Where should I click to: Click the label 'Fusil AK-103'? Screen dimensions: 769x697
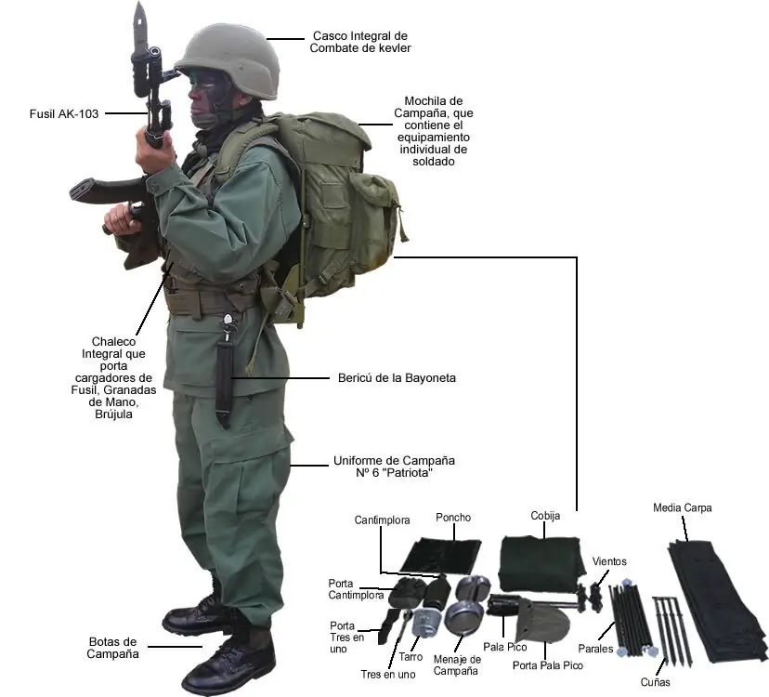64,114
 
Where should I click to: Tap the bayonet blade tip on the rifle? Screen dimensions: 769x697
139,3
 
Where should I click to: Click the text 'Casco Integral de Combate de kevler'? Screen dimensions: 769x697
360,42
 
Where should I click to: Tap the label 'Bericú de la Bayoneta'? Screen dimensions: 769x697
397,378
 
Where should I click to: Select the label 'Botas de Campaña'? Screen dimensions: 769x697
112,648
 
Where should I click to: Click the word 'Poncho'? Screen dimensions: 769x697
453,518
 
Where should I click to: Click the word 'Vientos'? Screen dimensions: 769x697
609,561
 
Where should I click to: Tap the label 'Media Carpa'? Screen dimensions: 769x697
683,507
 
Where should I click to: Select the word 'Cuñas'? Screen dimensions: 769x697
655,682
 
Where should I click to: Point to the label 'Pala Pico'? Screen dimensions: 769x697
505,647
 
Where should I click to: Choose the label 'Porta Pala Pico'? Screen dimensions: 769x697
548,665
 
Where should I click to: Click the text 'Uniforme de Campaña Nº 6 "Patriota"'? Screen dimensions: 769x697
395,467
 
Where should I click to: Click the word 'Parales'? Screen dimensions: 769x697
595,649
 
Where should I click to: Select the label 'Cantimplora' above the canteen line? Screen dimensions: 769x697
382,519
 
